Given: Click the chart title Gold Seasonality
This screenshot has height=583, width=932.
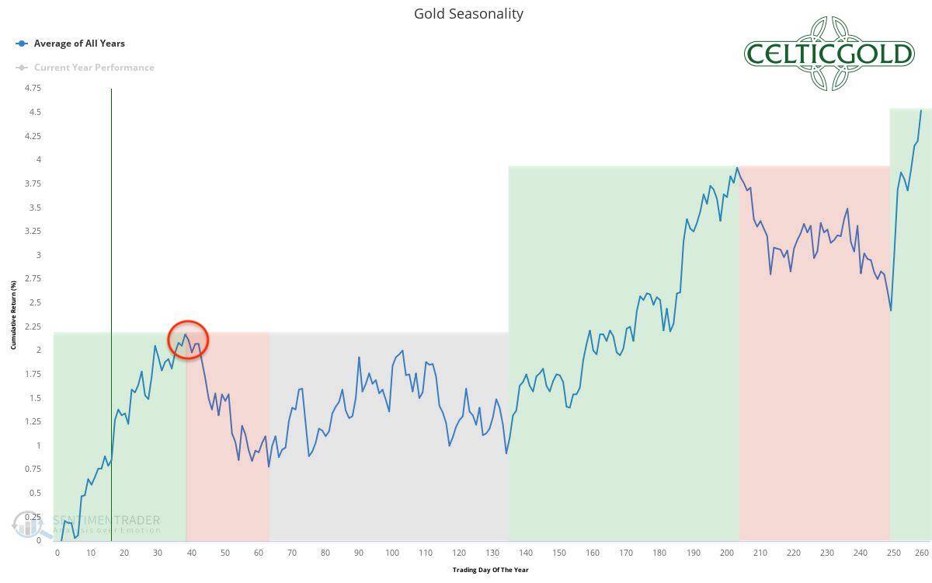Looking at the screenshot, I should tap(468, 14).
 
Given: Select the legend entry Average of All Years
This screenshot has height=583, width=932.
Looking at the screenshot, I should tap(78, 44).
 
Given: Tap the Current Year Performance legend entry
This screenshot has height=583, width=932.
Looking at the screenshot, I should tap(93, 68).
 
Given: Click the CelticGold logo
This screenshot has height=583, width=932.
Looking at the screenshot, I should tap(829, 54).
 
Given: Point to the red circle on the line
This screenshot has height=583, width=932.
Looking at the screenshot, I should tap(188, 340).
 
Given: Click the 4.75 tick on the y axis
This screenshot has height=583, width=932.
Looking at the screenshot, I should tap(33, 89).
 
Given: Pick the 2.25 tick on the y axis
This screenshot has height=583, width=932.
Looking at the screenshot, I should tap(33, 326).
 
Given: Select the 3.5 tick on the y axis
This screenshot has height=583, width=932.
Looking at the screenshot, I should tap(36, 208).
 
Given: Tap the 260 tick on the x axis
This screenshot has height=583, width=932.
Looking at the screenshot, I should tap(922, 553).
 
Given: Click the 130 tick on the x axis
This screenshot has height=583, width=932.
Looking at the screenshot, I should tap(492, 553).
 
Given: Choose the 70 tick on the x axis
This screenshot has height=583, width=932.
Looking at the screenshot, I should tap(292, 553).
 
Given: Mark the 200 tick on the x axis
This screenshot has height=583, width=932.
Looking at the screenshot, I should tap(726, 553).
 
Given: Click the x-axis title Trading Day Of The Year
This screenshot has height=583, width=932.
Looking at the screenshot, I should tap(490, 570).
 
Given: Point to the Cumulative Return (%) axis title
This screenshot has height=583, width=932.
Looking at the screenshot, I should tap(13, 315).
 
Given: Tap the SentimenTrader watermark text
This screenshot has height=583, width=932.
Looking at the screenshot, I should tap(106, 521).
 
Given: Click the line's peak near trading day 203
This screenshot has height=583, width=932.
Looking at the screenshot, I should tap(736, 167).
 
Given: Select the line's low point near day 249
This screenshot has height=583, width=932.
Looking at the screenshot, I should tap(891, 311).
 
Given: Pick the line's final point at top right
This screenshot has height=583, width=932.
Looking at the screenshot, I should tap(921, 110).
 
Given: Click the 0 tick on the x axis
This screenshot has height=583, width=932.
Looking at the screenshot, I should tap(57, 553).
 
